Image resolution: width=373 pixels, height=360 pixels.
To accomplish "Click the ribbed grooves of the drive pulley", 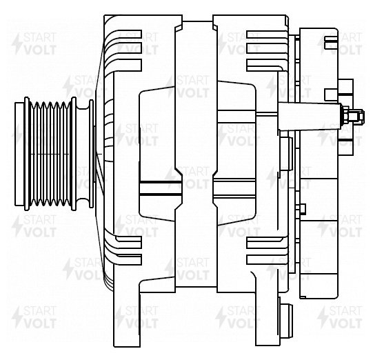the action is pyautogui.click(x=50, y=154).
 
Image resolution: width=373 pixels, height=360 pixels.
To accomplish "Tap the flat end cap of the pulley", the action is pyautogui.click(x=19, y=154).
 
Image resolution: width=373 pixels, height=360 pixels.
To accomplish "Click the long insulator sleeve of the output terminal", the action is pyautogui.click(x=310, y=117).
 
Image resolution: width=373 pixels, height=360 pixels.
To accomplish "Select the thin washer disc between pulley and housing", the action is pyautogui.click(x=91, y=154).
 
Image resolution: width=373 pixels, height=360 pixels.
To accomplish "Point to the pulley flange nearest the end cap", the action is pyautogui.click(x=27, y=154).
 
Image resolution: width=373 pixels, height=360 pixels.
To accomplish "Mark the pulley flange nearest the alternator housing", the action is pyautogui.click(x=74, y=154).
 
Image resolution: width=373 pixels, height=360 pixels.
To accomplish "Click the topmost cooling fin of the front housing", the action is pyautogui.click(x=123, y=33).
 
